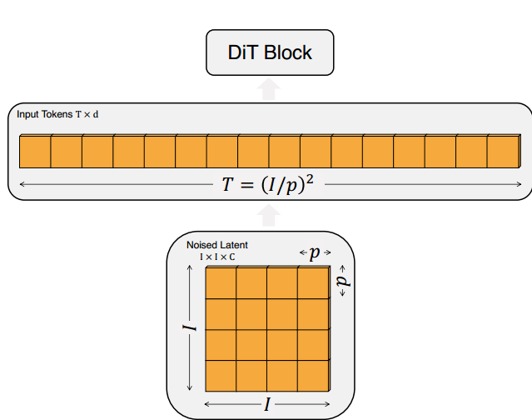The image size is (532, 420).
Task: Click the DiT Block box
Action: click(x=270, y=53)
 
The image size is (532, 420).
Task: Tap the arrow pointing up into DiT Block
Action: click(x=269, y=89)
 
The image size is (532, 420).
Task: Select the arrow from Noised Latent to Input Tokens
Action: click(x=268, y=216)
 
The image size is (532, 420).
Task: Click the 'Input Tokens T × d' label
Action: click(x=57, y=113)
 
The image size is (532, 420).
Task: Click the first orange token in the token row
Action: click(x=35, y=150)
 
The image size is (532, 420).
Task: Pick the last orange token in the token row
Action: click(x=503, y=150)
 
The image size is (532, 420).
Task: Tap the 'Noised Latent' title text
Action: click(x=217, y=245)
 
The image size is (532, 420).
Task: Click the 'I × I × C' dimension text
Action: click(x=217, y=257)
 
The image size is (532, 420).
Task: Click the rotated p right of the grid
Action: click(x=343, y=282)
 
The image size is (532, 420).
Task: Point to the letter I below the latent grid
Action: click(x=267, y=405)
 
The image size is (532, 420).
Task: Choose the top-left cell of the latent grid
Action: click(x=221, y=282)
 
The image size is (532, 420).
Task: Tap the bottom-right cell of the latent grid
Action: click(x=313, y=375)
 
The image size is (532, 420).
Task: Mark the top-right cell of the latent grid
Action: click(x=313, y=282)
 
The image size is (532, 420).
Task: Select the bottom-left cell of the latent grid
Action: click(x=221, y=375)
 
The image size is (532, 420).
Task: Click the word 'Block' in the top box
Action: click(x=289, y=52)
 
